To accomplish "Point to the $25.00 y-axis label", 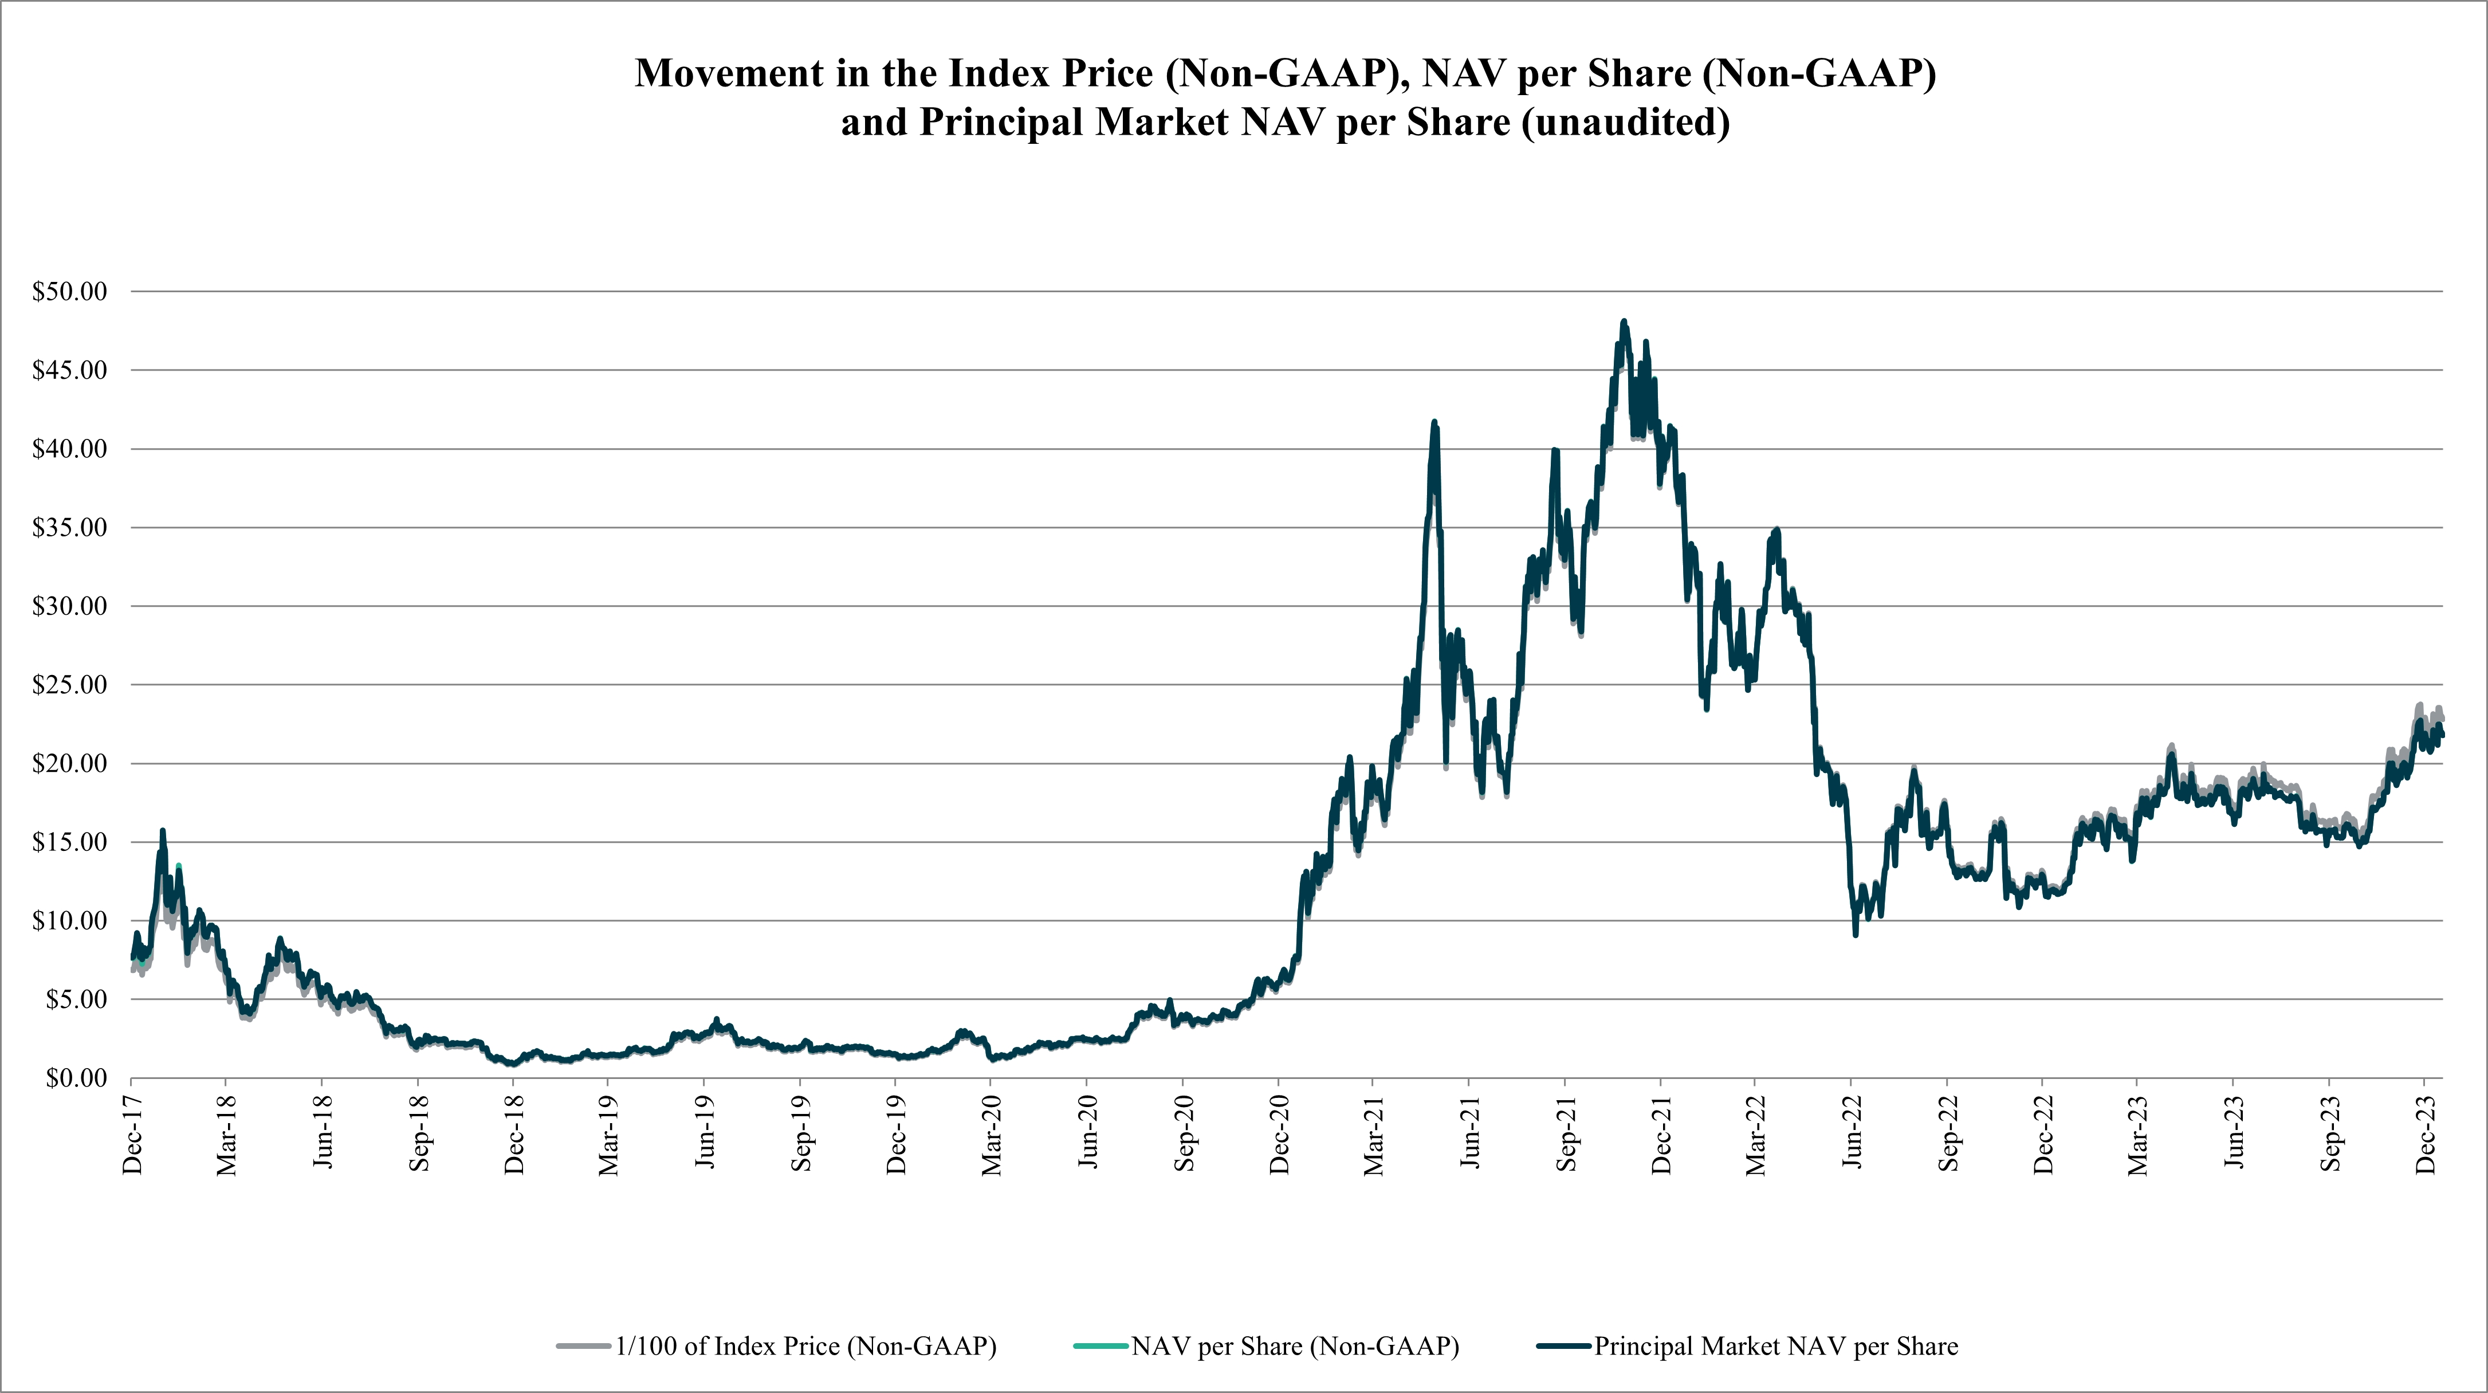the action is pos(69,685).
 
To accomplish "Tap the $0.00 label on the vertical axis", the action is pos(76,1078).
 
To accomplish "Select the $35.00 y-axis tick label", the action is pos(69,527).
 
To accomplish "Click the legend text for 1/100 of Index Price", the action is pos(805,1347).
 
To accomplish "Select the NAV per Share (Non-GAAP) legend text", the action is pos(1295,1347).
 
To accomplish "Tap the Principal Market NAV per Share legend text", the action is pos(1776,1347).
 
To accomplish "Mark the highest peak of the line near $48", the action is pos(1624,321).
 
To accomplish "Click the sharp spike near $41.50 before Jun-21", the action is pos(1434,422).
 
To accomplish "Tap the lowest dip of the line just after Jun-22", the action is pos(1856,934).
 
